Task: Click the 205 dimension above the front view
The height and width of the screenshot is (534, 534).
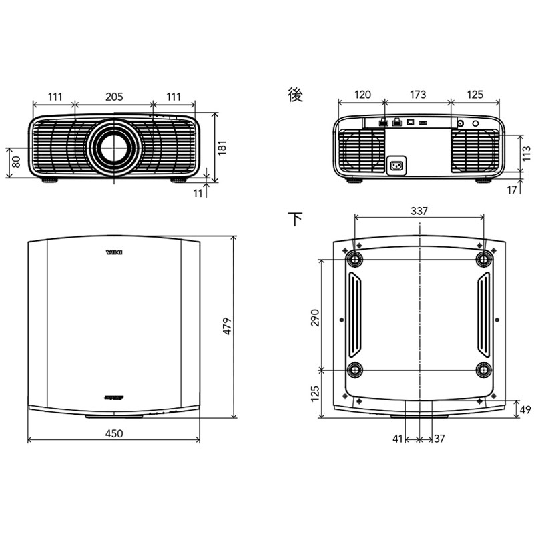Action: click(x=113, y=97)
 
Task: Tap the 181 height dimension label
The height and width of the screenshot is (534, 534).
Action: click(x=222, y=146)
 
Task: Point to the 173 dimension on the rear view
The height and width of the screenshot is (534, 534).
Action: click(x=417, y=95)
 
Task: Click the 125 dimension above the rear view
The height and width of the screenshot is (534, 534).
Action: click(x=475, y=95)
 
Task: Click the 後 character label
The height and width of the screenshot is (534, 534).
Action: click(x=295, y=95)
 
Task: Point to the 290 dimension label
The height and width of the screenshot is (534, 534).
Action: click(x=315, y=317)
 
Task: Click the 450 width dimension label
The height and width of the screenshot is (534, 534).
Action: click(x=114, y=433)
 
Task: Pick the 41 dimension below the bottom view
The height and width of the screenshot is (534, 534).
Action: click(x=398, y=439)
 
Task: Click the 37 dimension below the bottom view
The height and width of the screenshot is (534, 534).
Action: click(x=439, y=439)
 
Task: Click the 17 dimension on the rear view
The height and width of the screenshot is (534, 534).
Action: click(x=512, y=190)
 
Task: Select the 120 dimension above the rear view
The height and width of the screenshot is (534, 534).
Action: click(x=362, y=95)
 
